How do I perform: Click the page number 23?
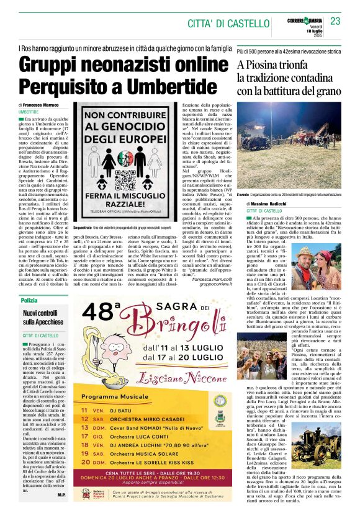coord(335,22)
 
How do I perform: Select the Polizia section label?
coord(29,300)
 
